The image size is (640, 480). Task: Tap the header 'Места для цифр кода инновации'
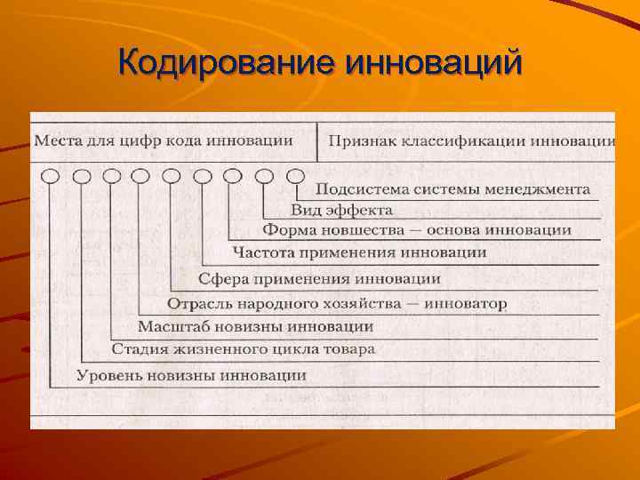tap(164, 140)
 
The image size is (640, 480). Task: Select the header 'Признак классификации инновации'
tap(472, 141)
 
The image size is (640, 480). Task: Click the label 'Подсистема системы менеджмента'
tap(452, 189)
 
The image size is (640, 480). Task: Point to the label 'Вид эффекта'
tap(341, 210)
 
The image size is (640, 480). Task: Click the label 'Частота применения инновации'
tap(359, 252)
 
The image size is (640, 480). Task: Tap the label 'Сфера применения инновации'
tap(319, 278)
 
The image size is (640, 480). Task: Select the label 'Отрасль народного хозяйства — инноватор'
tap(337, 304)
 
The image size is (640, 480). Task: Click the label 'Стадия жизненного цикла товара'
tap(243, 349)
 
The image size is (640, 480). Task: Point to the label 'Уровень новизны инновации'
tap(191, 375)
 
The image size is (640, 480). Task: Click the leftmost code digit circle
tap(51, 176)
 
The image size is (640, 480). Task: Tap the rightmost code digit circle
tap(295, 176)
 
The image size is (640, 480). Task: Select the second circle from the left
tap(81, 176)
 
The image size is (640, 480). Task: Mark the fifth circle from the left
tap(172, 176)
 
